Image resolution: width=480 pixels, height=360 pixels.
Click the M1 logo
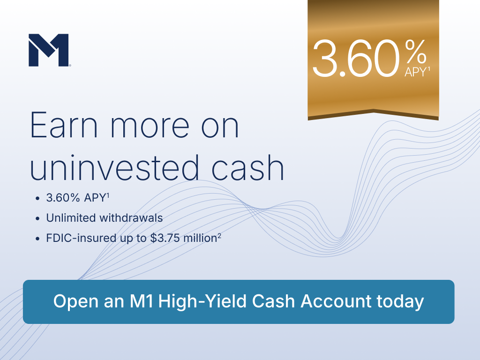[49, 50]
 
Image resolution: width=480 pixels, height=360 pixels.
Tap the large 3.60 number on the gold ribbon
[356, 59]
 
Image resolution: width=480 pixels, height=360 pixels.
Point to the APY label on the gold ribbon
[415, 72]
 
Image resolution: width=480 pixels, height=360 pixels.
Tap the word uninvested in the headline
[114, 167]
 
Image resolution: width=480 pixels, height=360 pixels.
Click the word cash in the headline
[247, 167]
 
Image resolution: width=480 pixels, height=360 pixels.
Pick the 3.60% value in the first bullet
[63, 198]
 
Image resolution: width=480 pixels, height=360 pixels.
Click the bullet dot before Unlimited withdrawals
[37, 218]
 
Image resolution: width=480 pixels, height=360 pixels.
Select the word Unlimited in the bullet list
[71, 218]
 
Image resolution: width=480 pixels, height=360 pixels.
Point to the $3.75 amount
[165, 238]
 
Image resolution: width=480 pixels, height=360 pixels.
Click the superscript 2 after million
[219, 236]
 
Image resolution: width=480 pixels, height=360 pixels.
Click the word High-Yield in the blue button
[202, 301]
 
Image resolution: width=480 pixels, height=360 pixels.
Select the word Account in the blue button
[336, 301]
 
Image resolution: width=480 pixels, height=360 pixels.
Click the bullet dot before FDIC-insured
[37, 239]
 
